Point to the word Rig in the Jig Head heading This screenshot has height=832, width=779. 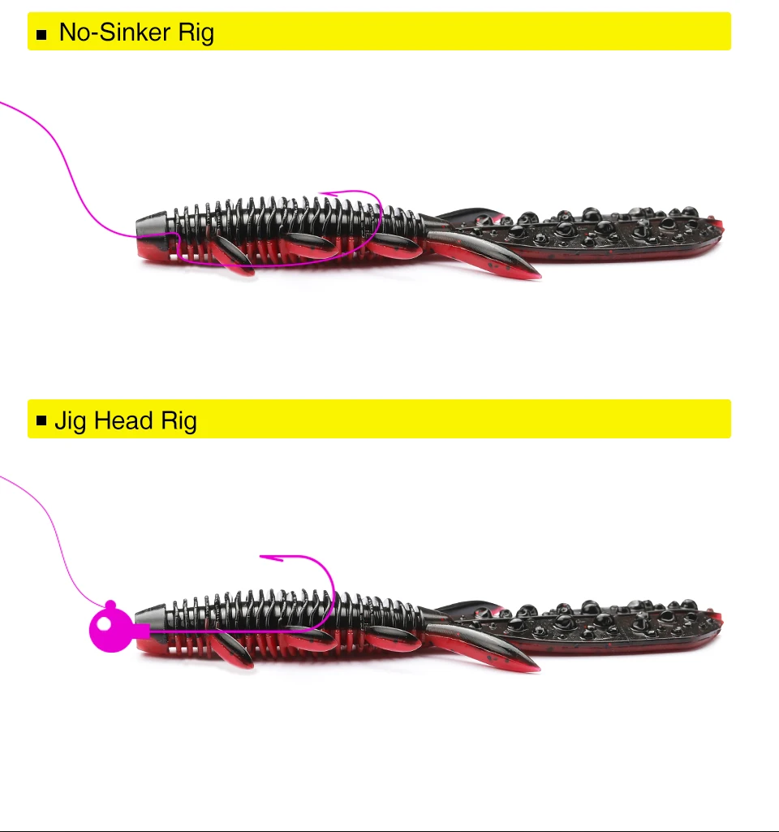pos(179,421)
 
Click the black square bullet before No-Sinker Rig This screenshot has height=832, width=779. pos(42,33)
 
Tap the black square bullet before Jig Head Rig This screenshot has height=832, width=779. pos(42,420)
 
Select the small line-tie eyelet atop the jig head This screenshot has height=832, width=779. pos(111,605)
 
